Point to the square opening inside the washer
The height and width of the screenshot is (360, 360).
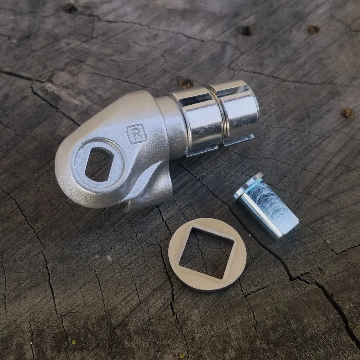(x=207, y=253)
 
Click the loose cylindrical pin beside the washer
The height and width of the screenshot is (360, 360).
(x=265, y=206)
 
